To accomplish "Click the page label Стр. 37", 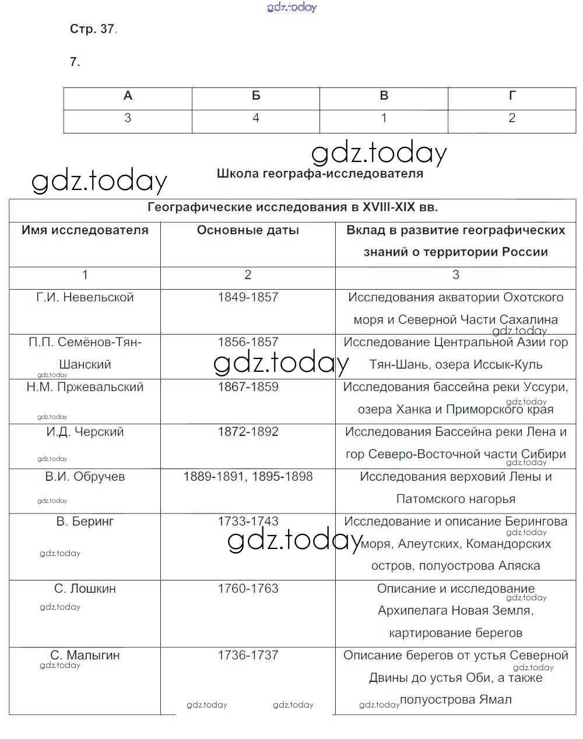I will tap(93, 29).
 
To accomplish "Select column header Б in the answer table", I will tap(255, 96).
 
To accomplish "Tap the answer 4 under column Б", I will tap(255, 118).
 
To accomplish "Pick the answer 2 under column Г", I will tap(511, 118).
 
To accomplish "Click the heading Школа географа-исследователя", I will tap(319, 174).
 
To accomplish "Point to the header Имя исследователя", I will tap(85, 230).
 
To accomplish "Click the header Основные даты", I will tap(248, 230).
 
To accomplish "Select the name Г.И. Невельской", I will tap(85, 297).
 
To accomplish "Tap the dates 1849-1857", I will tap(248, 297).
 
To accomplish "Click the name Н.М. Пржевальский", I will tap(85, 387).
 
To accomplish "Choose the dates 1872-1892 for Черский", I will tap(248, 432).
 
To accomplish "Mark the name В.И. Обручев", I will tap(85, 477).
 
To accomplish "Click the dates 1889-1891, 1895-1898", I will tap(248, 477).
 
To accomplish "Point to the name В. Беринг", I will tap(85, 522).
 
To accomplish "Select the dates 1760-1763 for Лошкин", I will tap(248, 589).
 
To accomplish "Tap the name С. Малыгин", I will tap(85, 655).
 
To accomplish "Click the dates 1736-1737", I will tap(248, 655).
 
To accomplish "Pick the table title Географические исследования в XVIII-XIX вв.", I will tap(293, 207).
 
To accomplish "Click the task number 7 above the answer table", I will tap(75, 62).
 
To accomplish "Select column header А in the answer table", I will tap(128, 96).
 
